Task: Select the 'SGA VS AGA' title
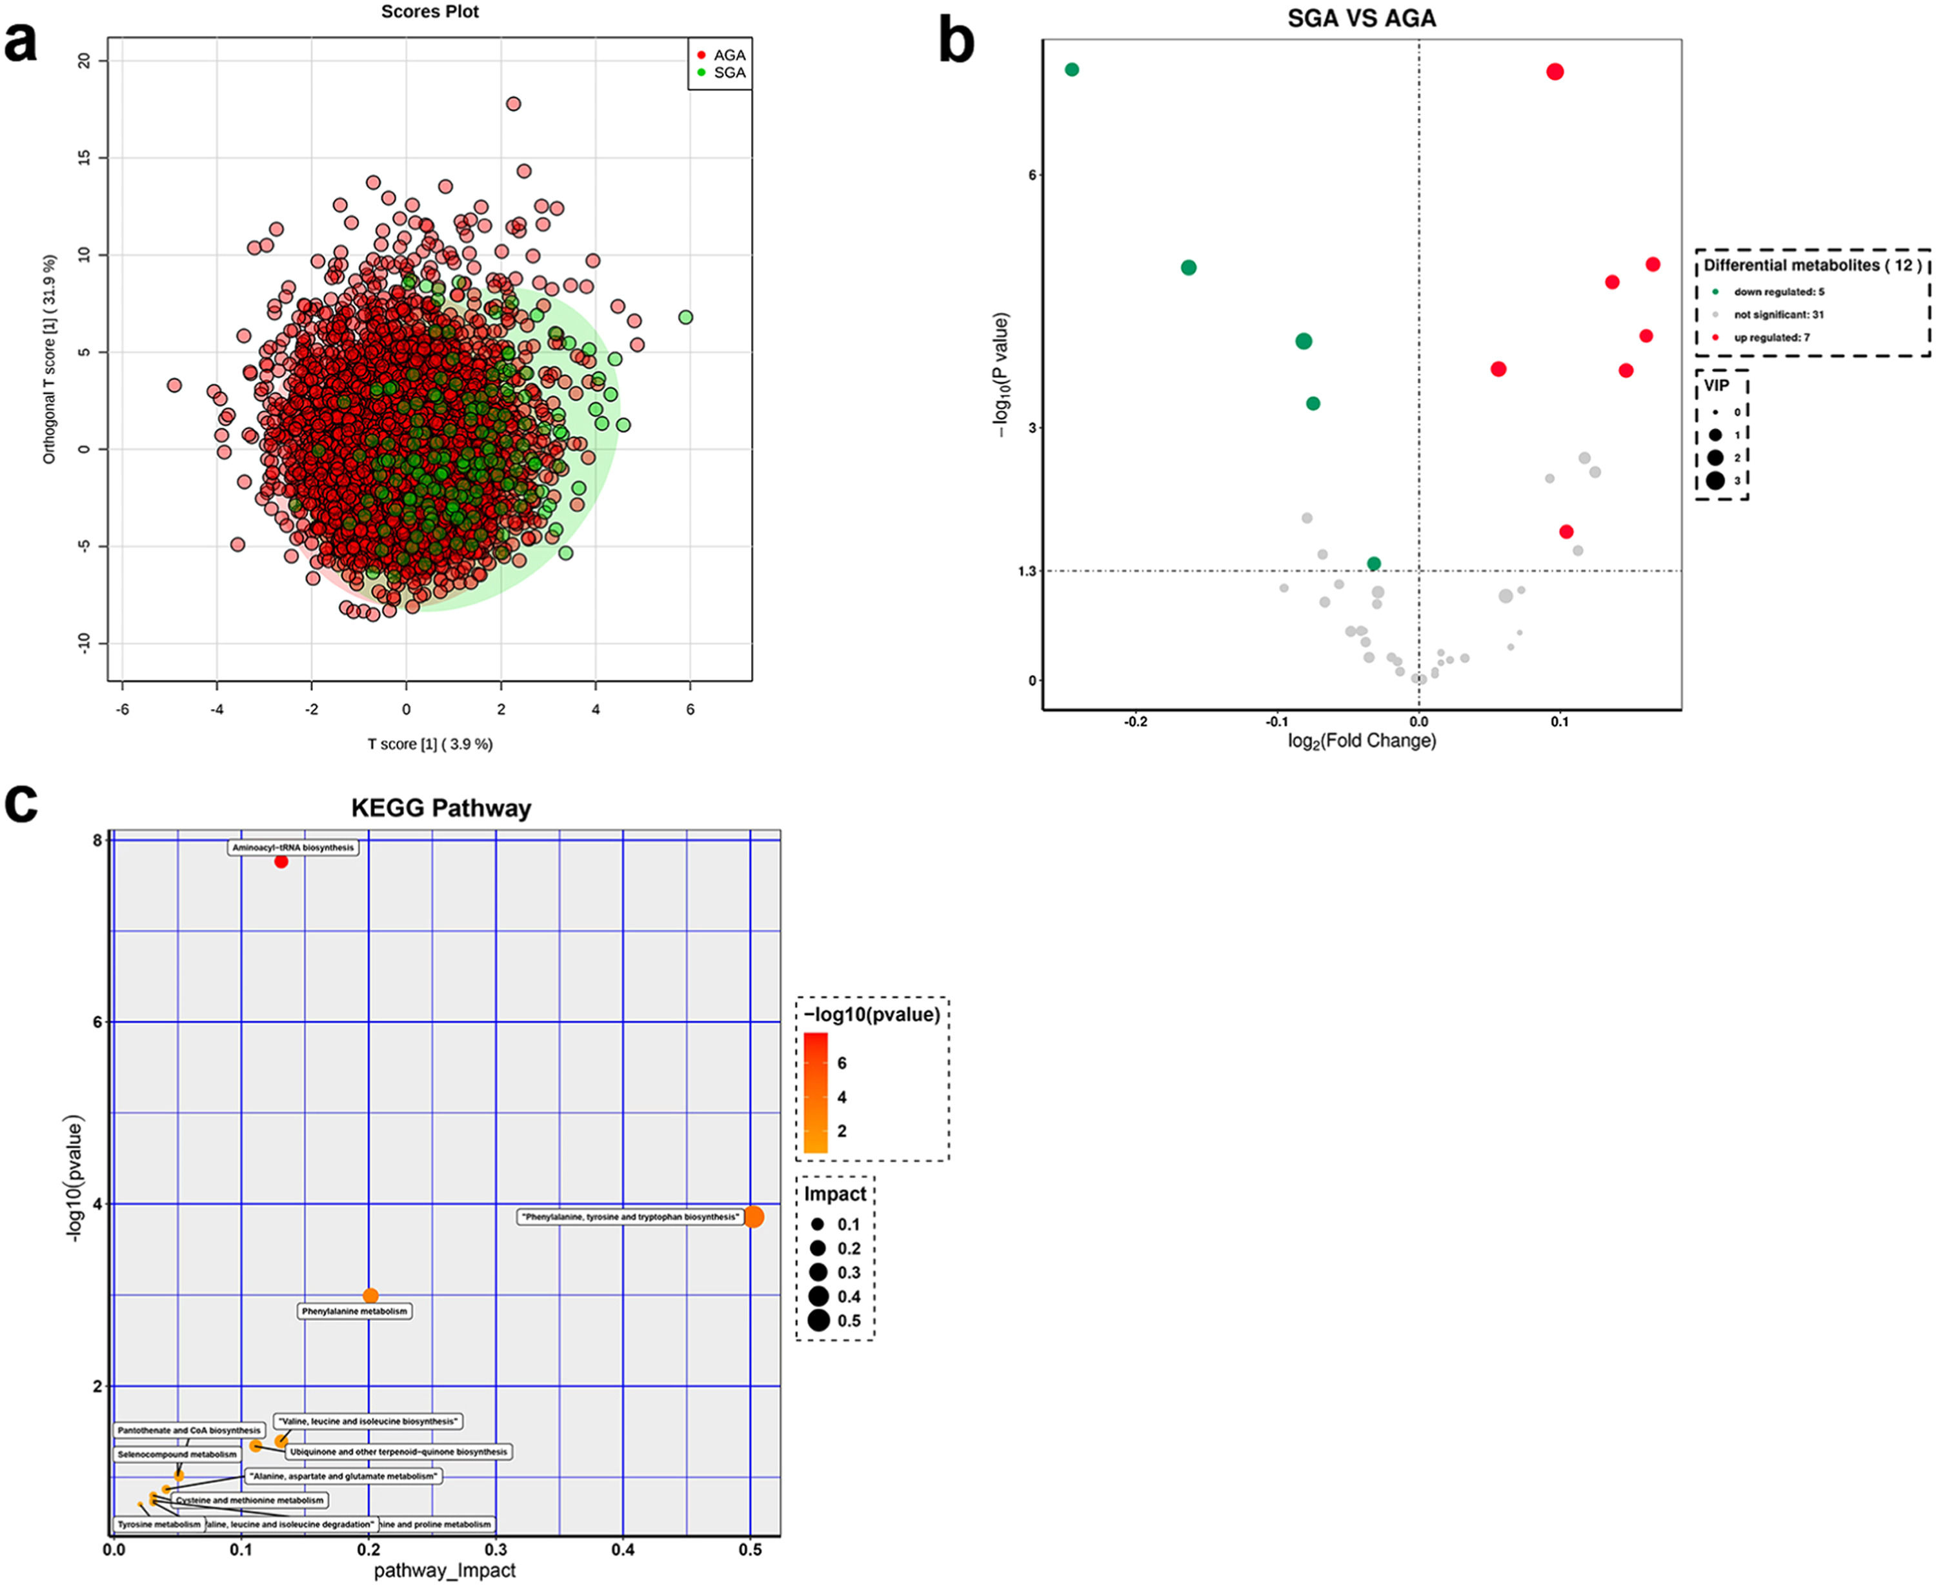click(1361, 18)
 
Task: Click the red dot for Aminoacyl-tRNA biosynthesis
click(281, 861)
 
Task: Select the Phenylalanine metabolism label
click(354, 1311)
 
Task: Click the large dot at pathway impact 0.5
click(754, 1217)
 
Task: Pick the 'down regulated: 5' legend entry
click(1778, 292)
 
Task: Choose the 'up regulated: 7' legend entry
click(1771, 337)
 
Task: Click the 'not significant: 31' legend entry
click(1778, 314)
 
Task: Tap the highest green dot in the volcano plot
click(1072, 70)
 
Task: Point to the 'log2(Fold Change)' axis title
click(1361, 740)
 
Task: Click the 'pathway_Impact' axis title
click(445, 1570)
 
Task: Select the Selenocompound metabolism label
click(177, 1454)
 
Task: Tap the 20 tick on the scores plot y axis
click(85, 60)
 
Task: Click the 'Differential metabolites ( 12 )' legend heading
click(1811, 265)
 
